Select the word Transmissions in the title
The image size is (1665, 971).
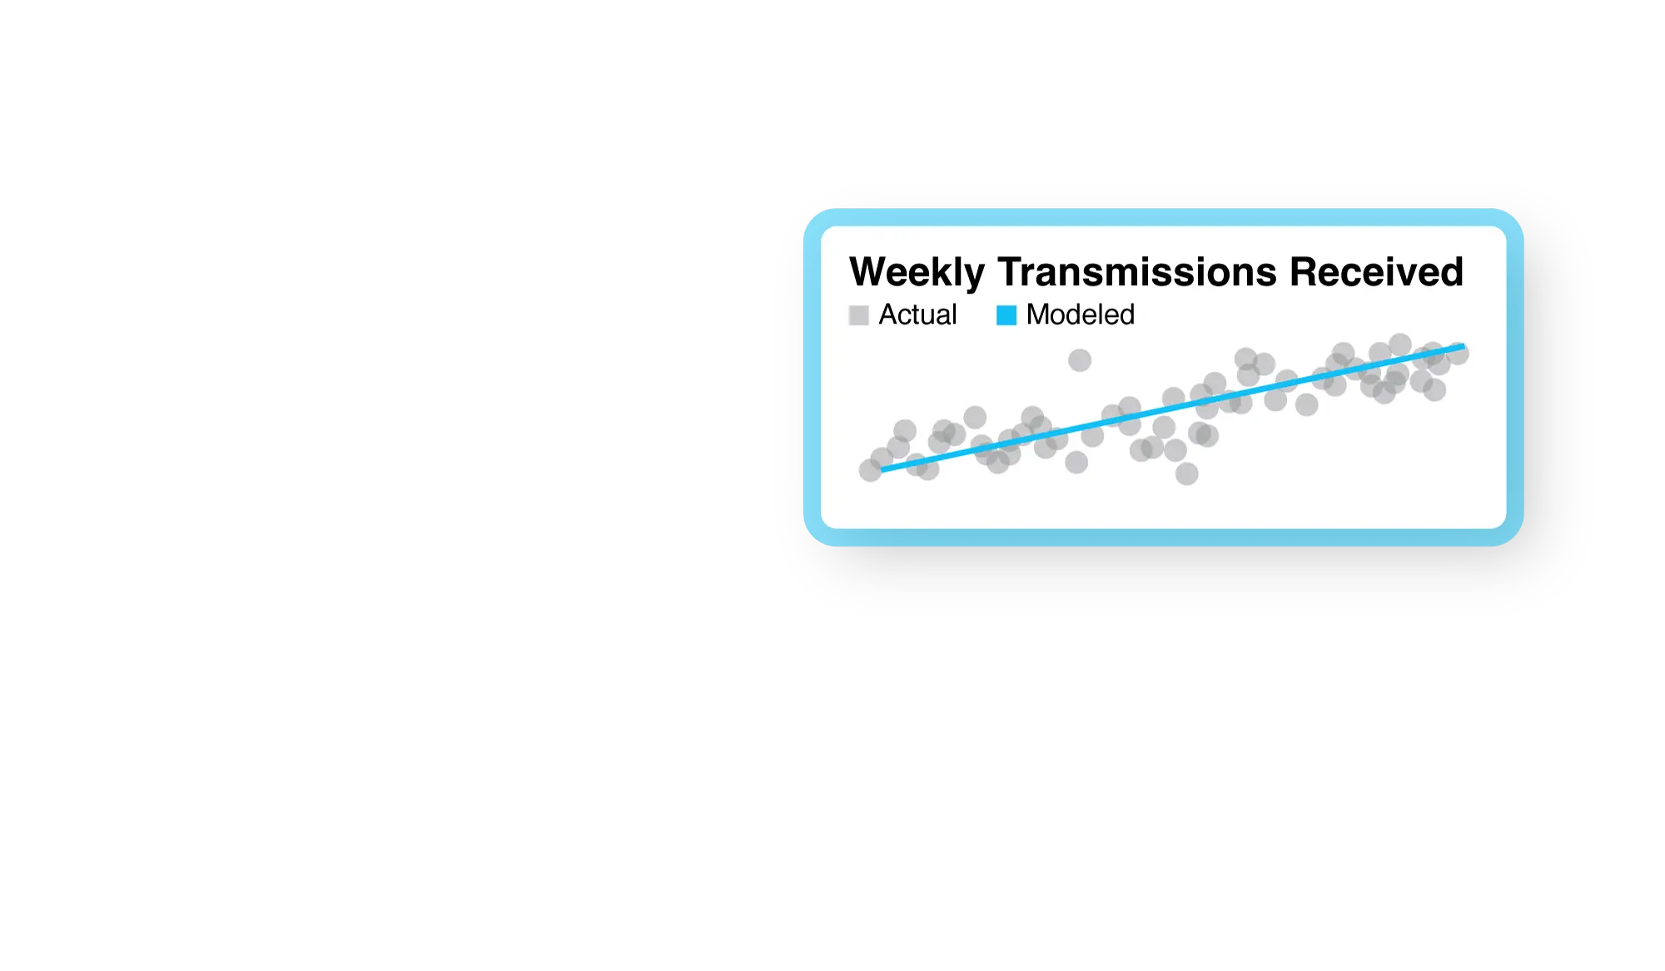point(1137,272)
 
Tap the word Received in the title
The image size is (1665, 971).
point(1377,272)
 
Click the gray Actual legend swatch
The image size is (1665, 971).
point(858,315)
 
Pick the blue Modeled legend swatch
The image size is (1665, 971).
point(1006,315)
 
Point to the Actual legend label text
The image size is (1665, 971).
point(917,315)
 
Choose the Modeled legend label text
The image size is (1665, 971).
point(1081,315)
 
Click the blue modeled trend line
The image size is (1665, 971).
point(1173,409)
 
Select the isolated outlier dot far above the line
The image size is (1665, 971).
point(1080,360)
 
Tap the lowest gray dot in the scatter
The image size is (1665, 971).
point(1186,473)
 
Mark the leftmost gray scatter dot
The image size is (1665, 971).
point(870,470)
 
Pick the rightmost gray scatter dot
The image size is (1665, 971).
point(1457,354)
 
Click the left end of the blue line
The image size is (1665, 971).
point(882,470)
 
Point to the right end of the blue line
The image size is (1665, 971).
point(1464,346)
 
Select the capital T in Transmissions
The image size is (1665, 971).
point(1011,272)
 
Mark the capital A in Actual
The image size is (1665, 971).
point(889,315)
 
